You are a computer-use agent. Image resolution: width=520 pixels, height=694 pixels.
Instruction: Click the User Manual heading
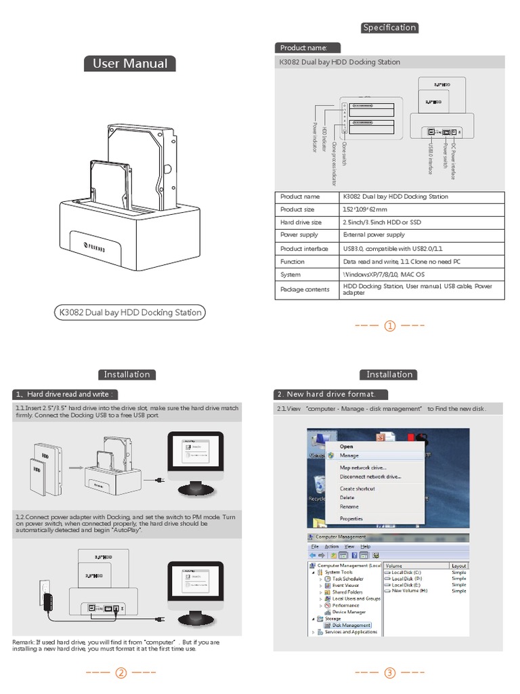pyautogui.click(x=129, y=64)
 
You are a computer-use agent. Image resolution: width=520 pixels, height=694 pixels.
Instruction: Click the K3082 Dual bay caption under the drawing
pyautogui.click(x=131, y=312)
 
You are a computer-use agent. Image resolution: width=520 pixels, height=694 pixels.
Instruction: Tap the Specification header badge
pyautogui.click(x=389, y=28)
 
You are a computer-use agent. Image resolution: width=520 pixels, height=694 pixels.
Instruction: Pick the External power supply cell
pyautogui.click(x=374, y=235)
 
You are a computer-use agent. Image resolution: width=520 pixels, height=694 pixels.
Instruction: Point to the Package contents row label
pyautogui.click(x=305, y=289)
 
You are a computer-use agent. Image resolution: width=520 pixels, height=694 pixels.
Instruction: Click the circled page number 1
pyautogui.click(x=390, y=326)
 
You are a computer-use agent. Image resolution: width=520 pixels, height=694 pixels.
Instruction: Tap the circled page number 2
pyautogui.click(x=121, y=673)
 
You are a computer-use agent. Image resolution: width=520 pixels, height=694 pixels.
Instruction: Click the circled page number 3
pyautogui.click(x=390, y=673)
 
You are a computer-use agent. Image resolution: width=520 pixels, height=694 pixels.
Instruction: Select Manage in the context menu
pyautogui.click(x=349, y=455)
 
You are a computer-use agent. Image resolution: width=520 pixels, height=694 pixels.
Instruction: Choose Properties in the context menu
pyautogui.click(x=351, y=518)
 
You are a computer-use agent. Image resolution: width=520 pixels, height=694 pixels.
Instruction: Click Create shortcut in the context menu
pyautogui.click(x=357, y=489)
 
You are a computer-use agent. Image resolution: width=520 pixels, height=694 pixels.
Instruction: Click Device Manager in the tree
pyautogui.click(x=349, y=611)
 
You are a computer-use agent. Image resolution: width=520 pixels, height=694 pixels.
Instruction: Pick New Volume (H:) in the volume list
pyautogui.click(x=410, y=591)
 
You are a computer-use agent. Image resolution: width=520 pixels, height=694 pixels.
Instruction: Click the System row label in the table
pyautogui.click(x=290, y=274)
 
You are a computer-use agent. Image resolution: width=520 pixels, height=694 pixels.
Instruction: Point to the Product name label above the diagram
pyautogui.click(x=303, y=48)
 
